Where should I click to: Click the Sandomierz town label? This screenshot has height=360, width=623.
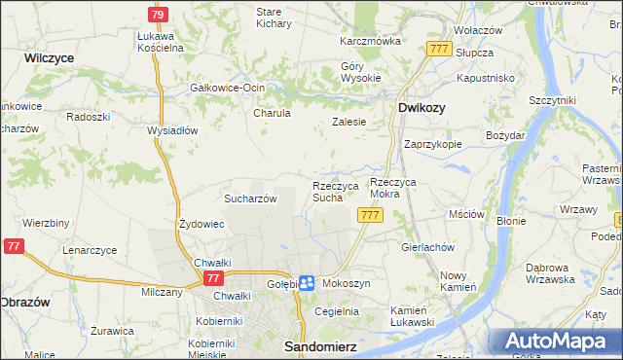point(315,345)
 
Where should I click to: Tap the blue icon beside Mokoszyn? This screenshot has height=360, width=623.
point(306,282)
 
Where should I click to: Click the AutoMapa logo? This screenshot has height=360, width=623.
point(556,342)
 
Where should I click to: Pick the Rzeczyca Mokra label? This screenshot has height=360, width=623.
point(400,188)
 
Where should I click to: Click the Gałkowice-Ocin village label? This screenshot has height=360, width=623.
point(228,88)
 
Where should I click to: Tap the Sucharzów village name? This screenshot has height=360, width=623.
point(251,198)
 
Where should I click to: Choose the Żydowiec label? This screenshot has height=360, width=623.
point(202,224)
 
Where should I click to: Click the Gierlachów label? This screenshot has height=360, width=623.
point(428,247)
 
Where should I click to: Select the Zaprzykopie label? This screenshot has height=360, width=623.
point(432,143)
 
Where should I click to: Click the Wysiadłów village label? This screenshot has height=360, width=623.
point(172,130)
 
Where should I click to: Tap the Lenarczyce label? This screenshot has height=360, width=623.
point(90,250)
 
